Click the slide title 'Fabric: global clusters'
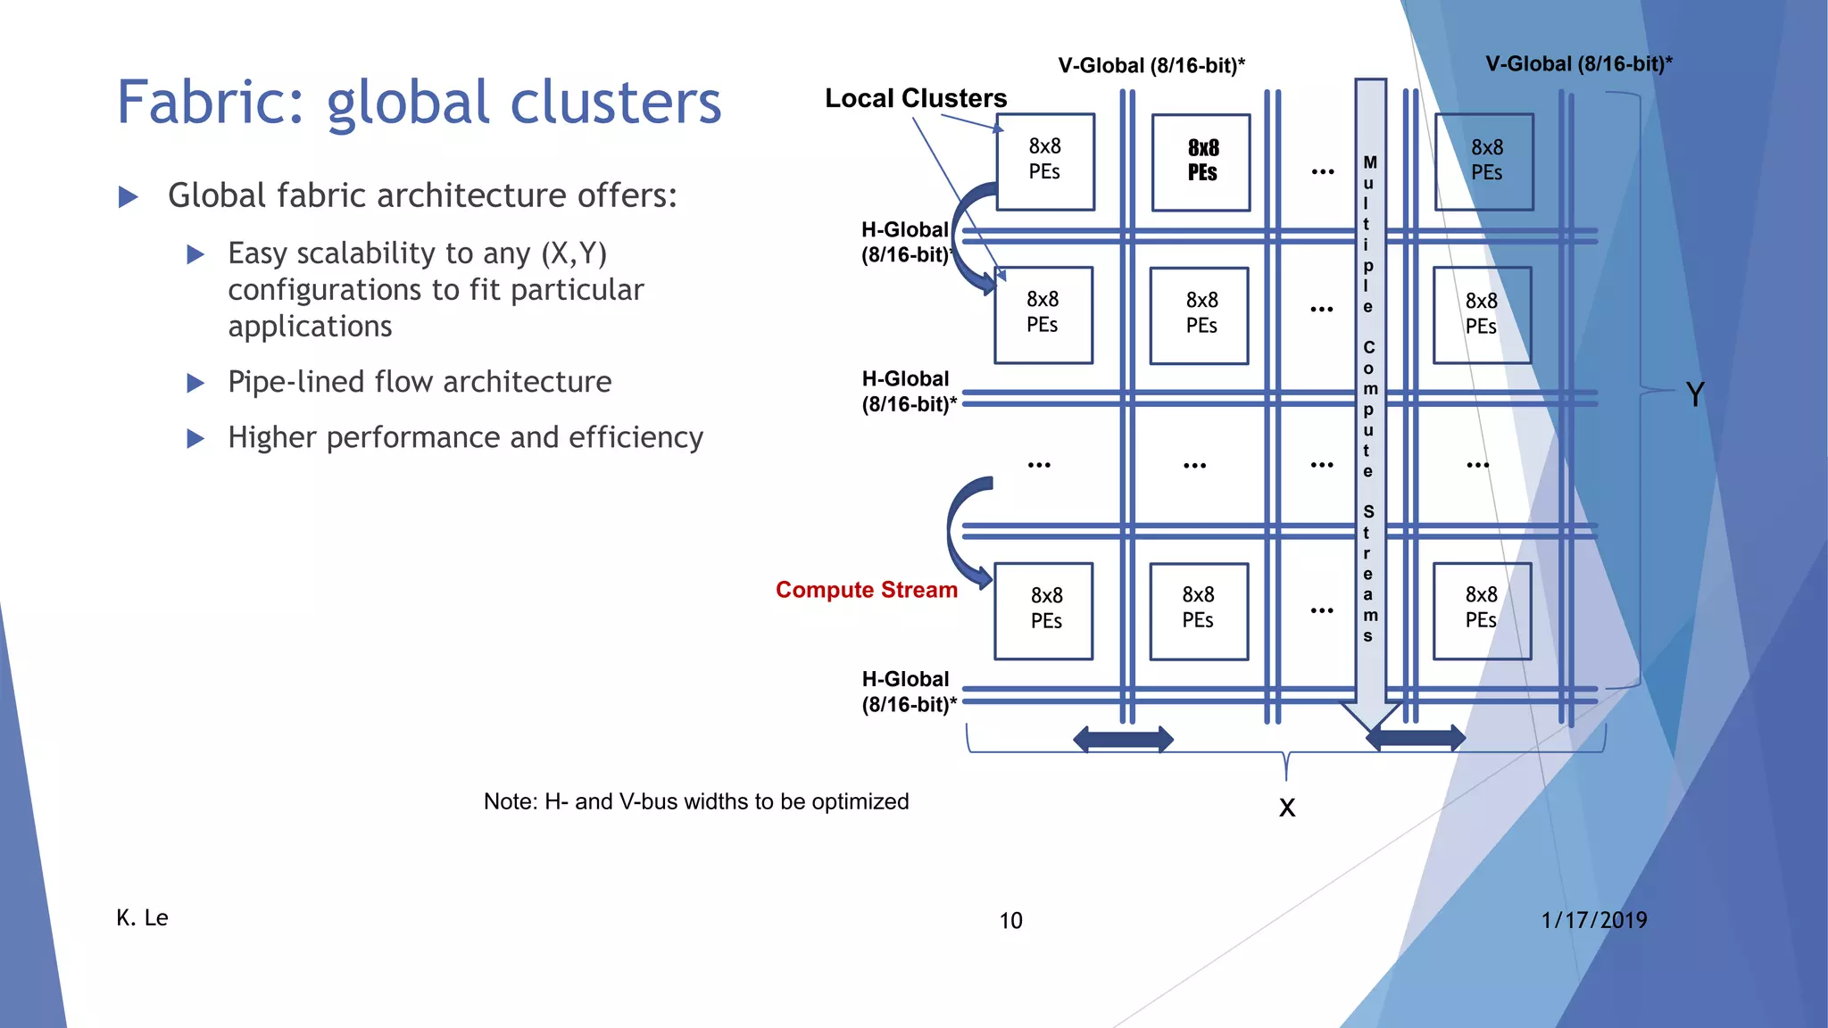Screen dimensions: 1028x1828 point(419,103)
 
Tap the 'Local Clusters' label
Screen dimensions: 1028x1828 point(915,98)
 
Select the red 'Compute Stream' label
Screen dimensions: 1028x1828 point(866,590)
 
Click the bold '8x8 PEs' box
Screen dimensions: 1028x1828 point(1201,162)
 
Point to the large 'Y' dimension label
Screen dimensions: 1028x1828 point(1695,394)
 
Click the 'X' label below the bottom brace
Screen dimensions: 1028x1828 point(1286,807)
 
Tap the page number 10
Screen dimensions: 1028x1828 point(1010,920)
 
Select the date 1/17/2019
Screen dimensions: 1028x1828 point(1593,920)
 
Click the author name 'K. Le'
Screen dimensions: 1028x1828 point(142,917)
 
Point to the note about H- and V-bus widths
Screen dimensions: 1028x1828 point(696,801)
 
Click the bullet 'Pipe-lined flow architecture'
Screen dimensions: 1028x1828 point(420,382)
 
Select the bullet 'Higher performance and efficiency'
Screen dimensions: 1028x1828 point(465,437)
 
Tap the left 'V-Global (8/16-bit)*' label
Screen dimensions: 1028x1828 point(1151,65)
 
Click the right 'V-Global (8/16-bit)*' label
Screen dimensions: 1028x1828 point(1578,63)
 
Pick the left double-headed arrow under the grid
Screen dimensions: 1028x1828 point(1123,739)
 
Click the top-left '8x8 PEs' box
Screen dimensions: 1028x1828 point(1045,162)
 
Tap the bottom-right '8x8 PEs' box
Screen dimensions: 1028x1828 point(1482,610)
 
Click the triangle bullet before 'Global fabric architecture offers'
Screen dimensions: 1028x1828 point(129,196)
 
